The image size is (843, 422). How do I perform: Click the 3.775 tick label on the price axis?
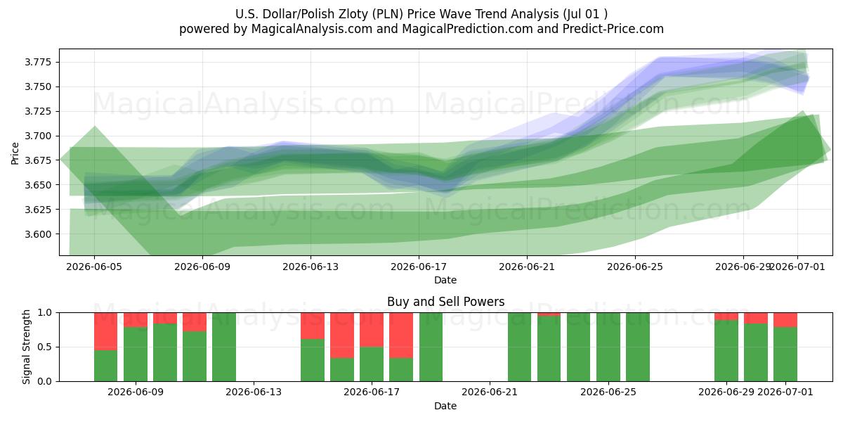point(38,62)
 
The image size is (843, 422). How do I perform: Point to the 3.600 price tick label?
point(38,234)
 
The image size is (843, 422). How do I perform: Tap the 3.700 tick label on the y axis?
point(38,136)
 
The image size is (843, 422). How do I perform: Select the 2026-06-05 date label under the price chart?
point(94,267)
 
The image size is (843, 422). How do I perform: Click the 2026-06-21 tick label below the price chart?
point(527,267)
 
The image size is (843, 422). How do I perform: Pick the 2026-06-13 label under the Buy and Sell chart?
point(254,392)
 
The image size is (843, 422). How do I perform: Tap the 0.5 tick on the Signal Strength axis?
point(45,347)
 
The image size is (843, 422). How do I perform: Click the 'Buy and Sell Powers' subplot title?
point(445,302)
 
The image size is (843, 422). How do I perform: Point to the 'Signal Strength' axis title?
point(26,347)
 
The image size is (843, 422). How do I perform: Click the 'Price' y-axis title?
point(15,153)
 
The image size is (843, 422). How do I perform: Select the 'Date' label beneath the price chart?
point(445,280)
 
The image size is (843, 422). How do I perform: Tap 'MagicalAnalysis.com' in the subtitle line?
point(312,29)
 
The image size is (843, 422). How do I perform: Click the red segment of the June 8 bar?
point(106,331)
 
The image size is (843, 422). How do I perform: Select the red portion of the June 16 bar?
point(342,335)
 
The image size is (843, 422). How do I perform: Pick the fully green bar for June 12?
point(224,347)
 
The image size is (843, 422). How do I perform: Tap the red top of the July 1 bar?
point(785,320)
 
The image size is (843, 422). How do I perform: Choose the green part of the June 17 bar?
point(372,364)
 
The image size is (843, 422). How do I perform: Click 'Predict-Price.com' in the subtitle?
point(613,29)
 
